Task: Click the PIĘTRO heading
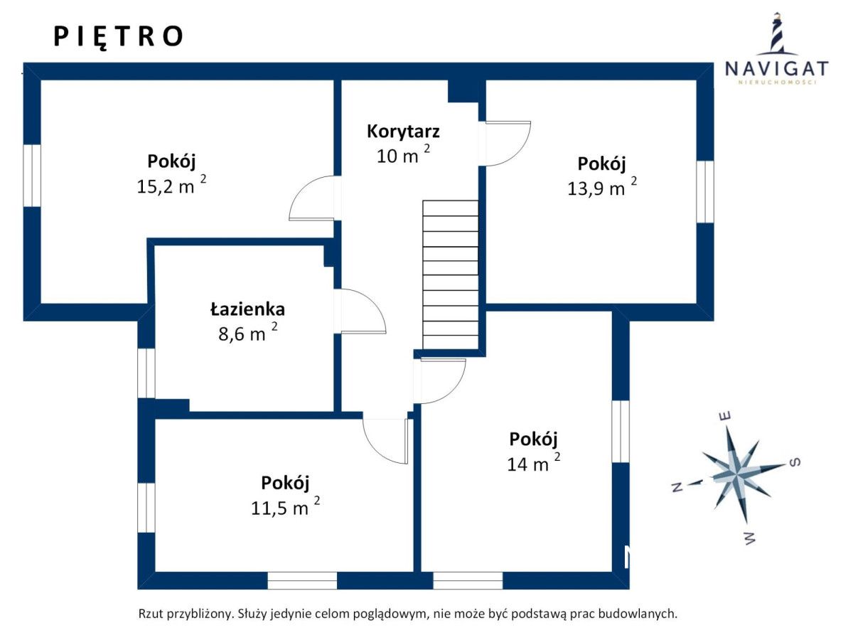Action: pyautogui.click(x=118, y=37)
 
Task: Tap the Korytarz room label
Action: pyautogui.click(x=403, y=132)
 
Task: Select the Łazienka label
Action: pyautogui.click(x=247, y=309)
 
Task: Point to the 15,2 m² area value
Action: pyautogui.click(x=171, y=185)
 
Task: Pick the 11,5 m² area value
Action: pyautogui.click(x=285, y=506)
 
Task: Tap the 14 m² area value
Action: pyautogui.click(x=534, y=462)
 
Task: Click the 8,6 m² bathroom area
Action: pyautogui.click(x=248, y=332)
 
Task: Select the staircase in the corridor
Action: pyautogui.click(x=450, y=274)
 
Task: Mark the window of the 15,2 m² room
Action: pyautogui.click(x=32, y=176)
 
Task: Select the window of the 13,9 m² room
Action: pyautogui.click(x=705, y=192)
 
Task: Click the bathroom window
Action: pyautogui.click(x=146, y=373)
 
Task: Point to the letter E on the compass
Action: pyautogui.click(x=725, y=417)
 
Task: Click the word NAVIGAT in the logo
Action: pyautogui.click(x=776, y=69)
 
